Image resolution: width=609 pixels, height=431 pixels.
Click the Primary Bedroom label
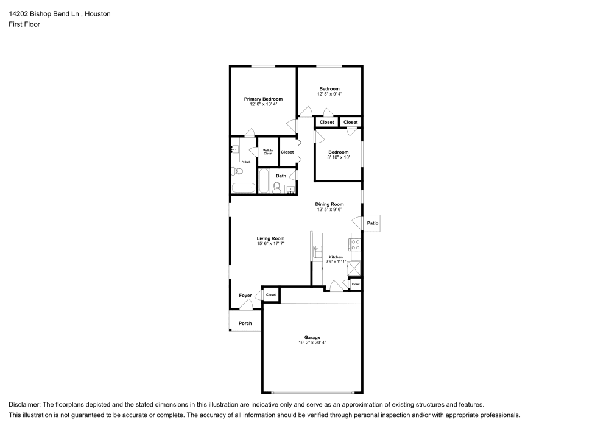point(263,99)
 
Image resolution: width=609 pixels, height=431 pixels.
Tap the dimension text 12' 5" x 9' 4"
point(329,94)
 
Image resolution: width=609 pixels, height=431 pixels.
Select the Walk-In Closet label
point(267,152)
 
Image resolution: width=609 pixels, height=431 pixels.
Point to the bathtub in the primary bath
point(243,188)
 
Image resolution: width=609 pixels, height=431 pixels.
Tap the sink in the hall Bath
point(289,188)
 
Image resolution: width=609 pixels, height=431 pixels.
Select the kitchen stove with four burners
point(356,245)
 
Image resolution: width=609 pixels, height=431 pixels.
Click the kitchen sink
point(316,250)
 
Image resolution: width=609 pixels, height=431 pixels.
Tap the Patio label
point(373,224)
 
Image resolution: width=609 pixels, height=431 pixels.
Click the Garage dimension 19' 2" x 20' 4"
point(312,343)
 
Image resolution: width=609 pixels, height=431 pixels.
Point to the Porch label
point(245,323)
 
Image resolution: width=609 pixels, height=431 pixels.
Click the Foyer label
point(245,296)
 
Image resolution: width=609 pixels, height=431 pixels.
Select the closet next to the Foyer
point(271,294)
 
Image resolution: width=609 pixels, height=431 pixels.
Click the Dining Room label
point(329,204)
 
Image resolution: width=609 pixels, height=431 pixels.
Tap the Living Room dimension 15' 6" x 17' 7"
point(270,244)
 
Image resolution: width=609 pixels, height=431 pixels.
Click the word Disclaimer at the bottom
point(24,405)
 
